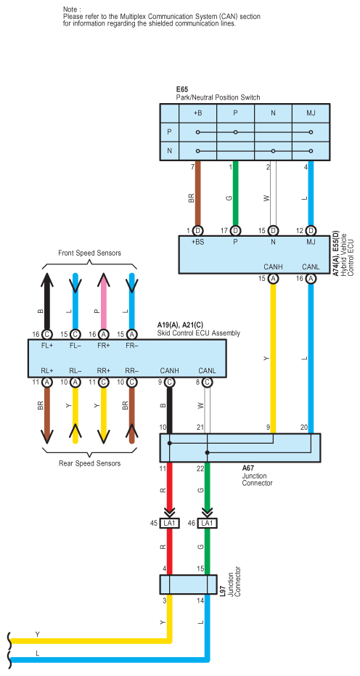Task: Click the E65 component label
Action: click(x=182, y=90)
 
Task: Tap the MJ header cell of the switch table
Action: click(x=311, y=114)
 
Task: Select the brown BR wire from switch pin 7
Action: click(x=198, y=192)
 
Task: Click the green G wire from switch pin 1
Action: click(x=235, y=192)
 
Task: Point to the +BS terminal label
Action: click(x=197, y=242)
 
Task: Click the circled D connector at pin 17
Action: click(x=235, y=230)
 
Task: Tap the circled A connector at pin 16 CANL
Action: click(x=311, y=279)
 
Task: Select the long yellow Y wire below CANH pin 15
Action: click(x=273, y=358)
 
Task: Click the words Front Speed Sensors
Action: click(x=90, y=253)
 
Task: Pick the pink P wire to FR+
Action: click(x=104, y=301)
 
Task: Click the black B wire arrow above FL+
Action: click(x=47, y=301)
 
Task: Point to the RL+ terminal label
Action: click(x=47, y=370)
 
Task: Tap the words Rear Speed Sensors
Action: click(x=90, y=463)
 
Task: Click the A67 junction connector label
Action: click(x=248, y=468)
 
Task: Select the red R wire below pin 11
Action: click(x=169, y=490)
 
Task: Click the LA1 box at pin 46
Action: click(x=208, y=523)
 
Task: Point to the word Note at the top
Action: click(x=72, y=9)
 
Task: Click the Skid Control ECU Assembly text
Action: click(x=200, y=333)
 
